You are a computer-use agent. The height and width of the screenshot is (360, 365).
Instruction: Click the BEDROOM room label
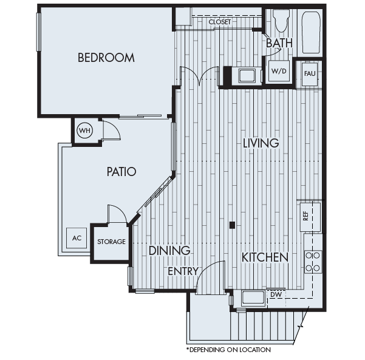coord(106,58)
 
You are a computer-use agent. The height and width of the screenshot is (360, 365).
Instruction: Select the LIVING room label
coord(261,143)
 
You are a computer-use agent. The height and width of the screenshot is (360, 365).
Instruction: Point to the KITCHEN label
coord(264,257)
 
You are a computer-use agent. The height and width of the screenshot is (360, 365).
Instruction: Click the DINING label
coord(169,250)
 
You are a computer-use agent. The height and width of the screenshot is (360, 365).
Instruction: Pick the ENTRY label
coord(183,271)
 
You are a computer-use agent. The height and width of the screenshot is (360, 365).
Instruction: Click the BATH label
coord(279,43)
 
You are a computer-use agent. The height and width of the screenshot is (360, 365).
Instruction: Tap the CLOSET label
coord(219,22)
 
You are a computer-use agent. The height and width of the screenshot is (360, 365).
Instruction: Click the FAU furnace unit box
coord(310,73)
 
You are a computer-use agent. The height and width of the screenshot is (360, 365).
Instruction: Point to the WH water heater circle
coord(84,130)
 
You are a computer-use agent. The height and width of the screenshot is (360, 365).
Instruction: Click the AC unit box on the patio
coord(77,238)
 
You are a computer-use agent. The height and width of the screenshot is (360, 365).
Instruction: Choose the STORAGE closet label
coord(111,242)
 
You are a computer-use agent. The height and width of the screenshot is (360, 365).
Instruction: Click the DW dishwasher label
coord(276,294)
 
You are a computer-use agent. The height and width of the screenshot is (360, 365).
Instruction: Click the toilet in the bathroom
coord(280,22)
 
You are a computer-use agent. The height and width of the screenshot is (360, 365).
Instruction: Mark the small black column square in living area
coord(232,225)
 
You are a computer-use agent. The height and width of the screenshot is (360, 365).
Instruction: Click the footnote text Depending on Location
coord(228,350)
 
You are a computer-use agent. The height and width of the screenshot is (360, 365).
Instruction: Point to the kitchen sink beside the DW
coord(252,297)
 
